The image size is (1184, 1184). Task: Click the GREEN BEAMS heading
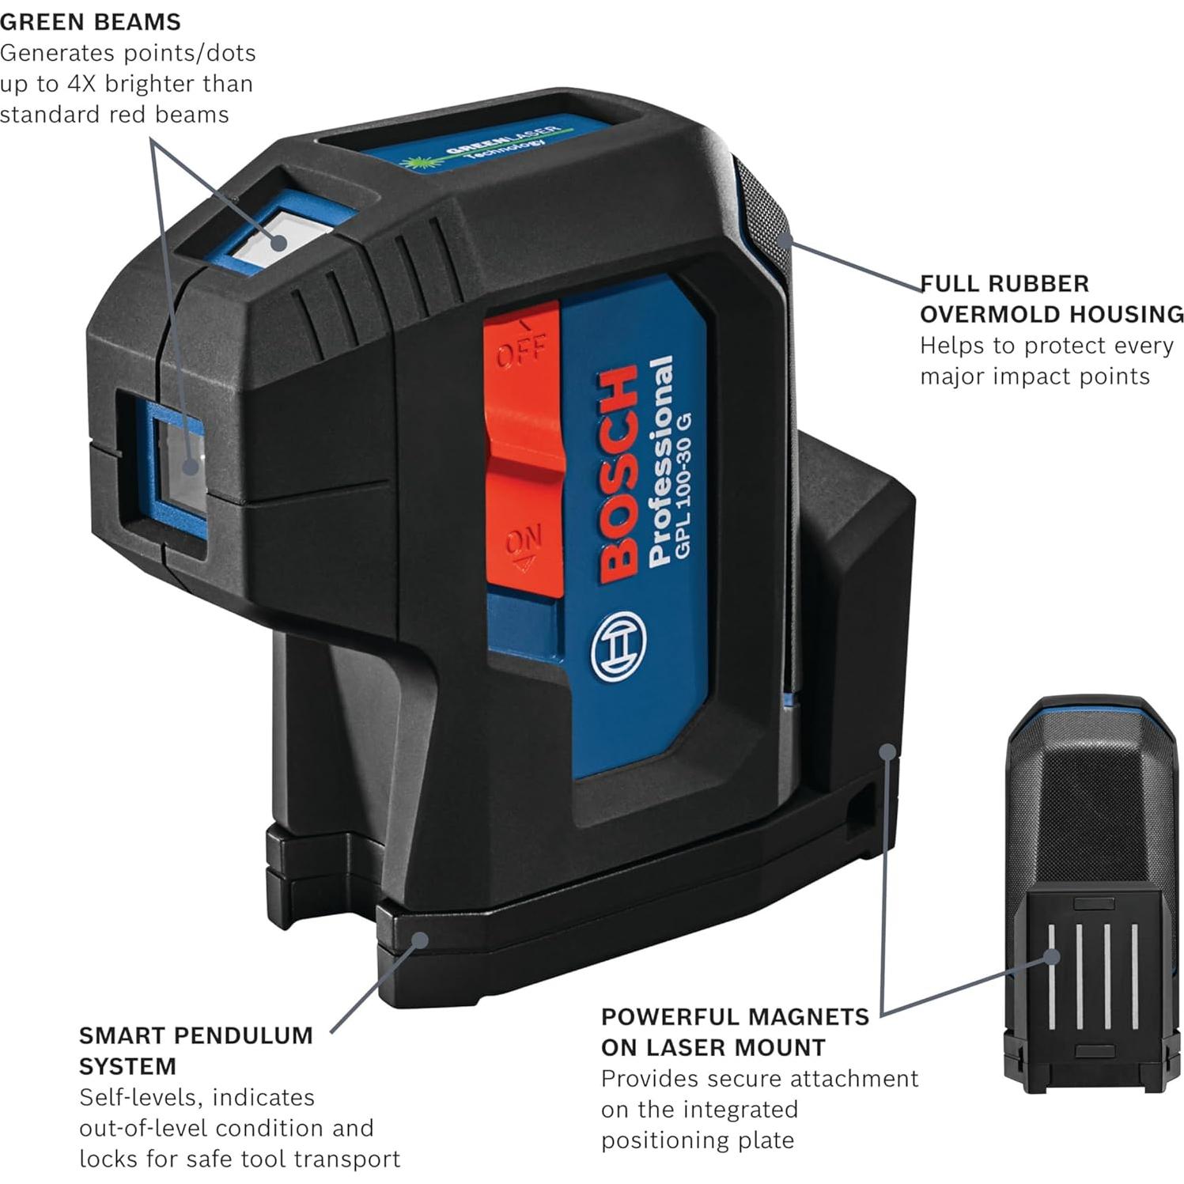(x=90, y=21)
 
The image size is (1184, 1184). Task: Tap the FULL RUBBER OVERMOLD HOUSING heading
(x=1050, y=299)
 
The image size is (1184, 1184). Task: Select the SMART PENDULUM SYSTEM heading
(x=195, y=1050)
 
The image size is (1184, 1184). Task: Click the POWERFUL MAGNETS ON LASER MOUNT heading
(x=734, y=1031)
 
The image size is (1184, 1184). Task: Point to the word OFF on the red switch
(x=520, y=349)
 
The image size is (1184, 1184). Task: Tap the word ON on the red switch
(x=524, y=542)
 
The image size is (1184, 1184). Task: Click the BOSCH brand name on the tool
(x=618, y=475)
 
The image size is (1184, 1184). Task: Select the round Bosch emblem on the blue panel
(x=618, y=646)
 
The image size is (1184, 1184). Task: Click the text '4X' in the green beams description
(x=81, y=84)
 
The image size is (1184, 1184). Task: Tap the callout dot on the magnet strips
(x=1050, y=957)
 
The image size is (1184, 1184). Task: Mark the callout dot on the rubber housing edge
(x=784, y=239)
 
